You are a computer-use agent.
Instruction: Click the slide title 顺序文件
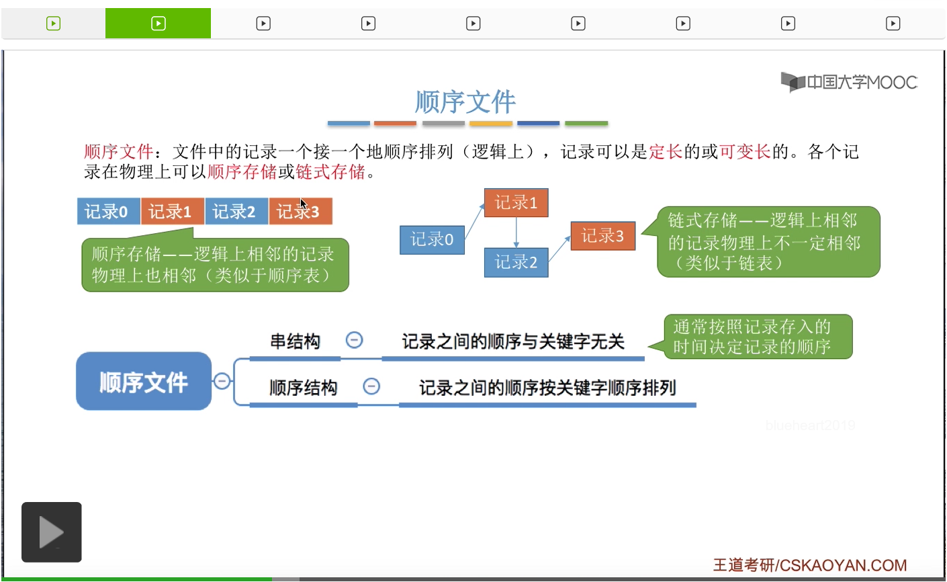pyautogui.click(x=465, y=102)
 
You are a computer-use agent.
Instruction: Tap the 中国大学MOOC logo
pyautogui.click(x=849, y=82)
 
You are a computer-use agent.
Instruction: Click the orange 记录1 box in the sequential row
pyautogui.click(x=171, y=212)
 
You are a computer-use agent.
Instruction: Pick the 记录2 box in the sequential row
pyautogui.click(x=235, y=212)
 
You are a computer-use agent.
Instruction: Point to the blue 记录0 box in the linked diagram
pyautogui.click(x=432, y=240)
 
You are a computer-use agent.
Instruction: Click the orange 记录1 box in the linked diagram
pyautogui.click(x=516, y=203)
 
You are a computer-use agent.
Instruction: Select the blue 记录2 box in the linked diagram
pyautogui.click(x=516, y=262)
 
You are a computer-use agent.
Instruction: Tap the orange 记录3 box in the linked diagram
pyautogui.click(x=602, y=236)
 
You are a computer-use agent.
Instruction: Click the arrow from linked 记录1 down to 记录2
pyautogui.click(x=516, y=233)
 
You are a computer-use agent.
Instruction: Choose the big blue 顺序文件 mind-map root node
pyautogui.click(x=144, y=381)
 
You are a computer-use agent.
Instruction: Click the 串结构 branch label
pyautogui.click(x=295, y=341)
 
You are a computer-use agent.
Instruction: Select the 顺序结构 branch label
pyautogui.click(x=303, y=388)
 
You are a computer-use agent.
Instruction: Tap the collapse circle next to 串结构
pyautogui.click(x=354, y=340)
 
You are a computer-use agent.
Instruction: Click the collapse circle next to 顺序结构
pyautogui.click(x=371, y=386)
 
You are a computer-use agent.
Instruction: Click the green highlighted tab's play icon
pyautogui.click(x=158, y=24)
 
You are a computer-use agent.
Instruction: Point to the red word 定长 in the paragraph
pyautogui.click(x=666, y=152)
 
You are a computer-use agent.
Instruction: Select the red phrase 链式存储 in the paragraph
pyautogui.click(x=330, y=172)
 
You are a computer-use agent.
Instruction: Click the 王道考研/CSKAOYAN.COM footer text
pyautogui.click(x=809, y=565)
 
